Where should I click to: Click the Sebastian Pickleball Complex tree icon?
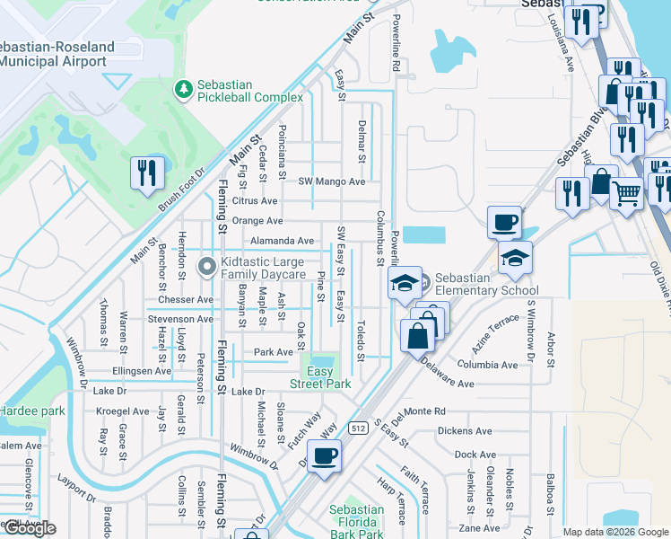tap(184, 90)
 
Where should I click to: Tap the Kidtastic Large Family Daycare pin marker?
tap(207, 266)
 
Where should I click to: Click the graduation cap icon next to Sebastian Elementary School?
tap(405, 283)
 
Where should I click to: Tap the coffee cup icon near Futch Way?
tap(324, 455)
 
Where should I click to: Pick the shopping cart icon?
tap(626, 190)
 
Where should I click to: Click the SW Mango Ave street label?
tap(332, 181)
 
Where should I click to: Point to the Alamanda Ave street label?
tap(282, 241)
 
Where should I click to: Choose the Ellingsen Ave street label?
tap(142, 370)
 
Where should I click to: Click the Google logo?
tap(29, 528)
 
